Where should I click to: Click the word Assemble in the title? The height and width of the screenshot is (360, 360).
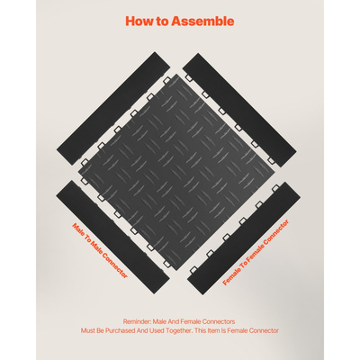click(202, 22)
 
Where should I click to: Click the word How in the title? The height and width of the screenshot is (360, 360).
click(139, 22)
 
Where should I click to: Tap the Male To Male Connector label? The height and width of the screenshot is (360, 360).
click(100, 250)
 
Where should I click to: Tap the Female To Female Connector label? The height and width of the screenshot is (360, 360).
click(256, 252)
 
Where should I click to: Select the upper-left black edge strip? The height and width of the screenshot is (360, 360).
click(113, 108)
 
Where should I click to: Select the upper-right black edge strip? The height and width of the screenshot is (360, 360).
click(239, 110)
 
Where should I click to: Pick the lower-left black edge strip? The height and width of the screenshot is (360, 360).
click(112, 238)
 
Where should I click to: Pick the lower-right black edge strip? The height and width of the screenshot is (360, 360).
click(244, 238)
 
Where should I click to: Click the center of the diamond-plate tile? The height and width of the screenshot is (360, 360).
click(176, 172)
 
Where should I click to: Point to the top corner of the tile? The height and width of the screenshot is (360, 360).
click(176, 74)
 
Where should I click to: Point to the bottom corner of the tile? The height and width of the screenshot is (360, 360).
click(176, 270)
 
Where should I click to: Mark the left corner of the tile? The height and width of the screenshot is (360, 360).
click(78, 173)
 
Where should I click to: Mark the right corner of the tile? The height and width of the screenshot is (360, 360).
click(274, 172)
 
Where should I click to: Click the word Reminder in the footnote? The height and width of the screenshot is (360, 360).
click(137, 321)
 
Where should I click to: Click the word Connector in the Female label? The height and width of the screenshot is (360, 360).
click(276, 233)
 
